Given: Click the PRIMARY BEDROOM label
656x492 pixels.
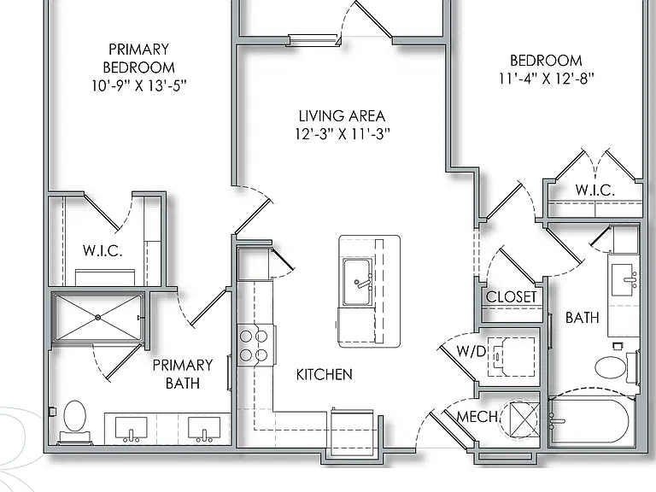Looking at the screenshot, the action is [139, 58].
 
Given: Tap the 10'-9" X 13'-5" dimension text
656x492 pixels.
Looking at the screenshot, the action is [139, 85].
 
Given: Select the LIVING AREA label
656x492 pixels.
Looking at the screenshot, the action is [342, 115].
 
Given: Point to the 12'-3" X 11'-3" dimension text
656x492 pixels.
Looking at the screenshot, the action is [343, 134].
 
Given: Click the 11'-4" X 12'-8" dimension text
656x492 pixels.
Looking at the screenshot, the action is [546, 79].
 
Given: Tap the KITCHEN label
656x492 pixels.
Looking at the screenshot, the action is [325, 374].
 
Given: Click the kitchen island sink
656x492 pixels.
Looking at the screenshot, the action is [357, 283].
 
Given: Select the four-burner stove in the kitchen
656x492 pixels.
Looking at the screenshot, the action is [254, 346].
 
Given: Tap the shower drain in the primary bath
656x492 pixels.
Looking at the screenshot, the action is [98, 318].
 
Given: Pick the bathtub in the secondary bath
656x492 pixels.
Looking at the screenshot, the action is [591, 421].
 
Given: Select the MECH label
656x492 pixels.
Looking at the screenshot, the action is [477, 417].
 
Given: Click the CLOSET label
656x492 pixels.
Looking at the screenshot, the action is [511, 297].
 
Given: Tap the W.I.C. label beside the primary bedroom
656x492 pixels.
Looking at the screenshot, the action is [102, 250].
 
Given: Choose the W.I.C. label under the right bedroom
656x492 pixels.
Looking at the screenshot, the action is [594, 190].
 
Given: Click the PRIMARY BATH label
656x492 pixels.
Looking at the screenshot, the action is [183, 374].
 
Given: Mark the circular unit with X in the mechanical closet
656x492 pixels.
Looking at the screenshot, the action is [519, 419].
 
